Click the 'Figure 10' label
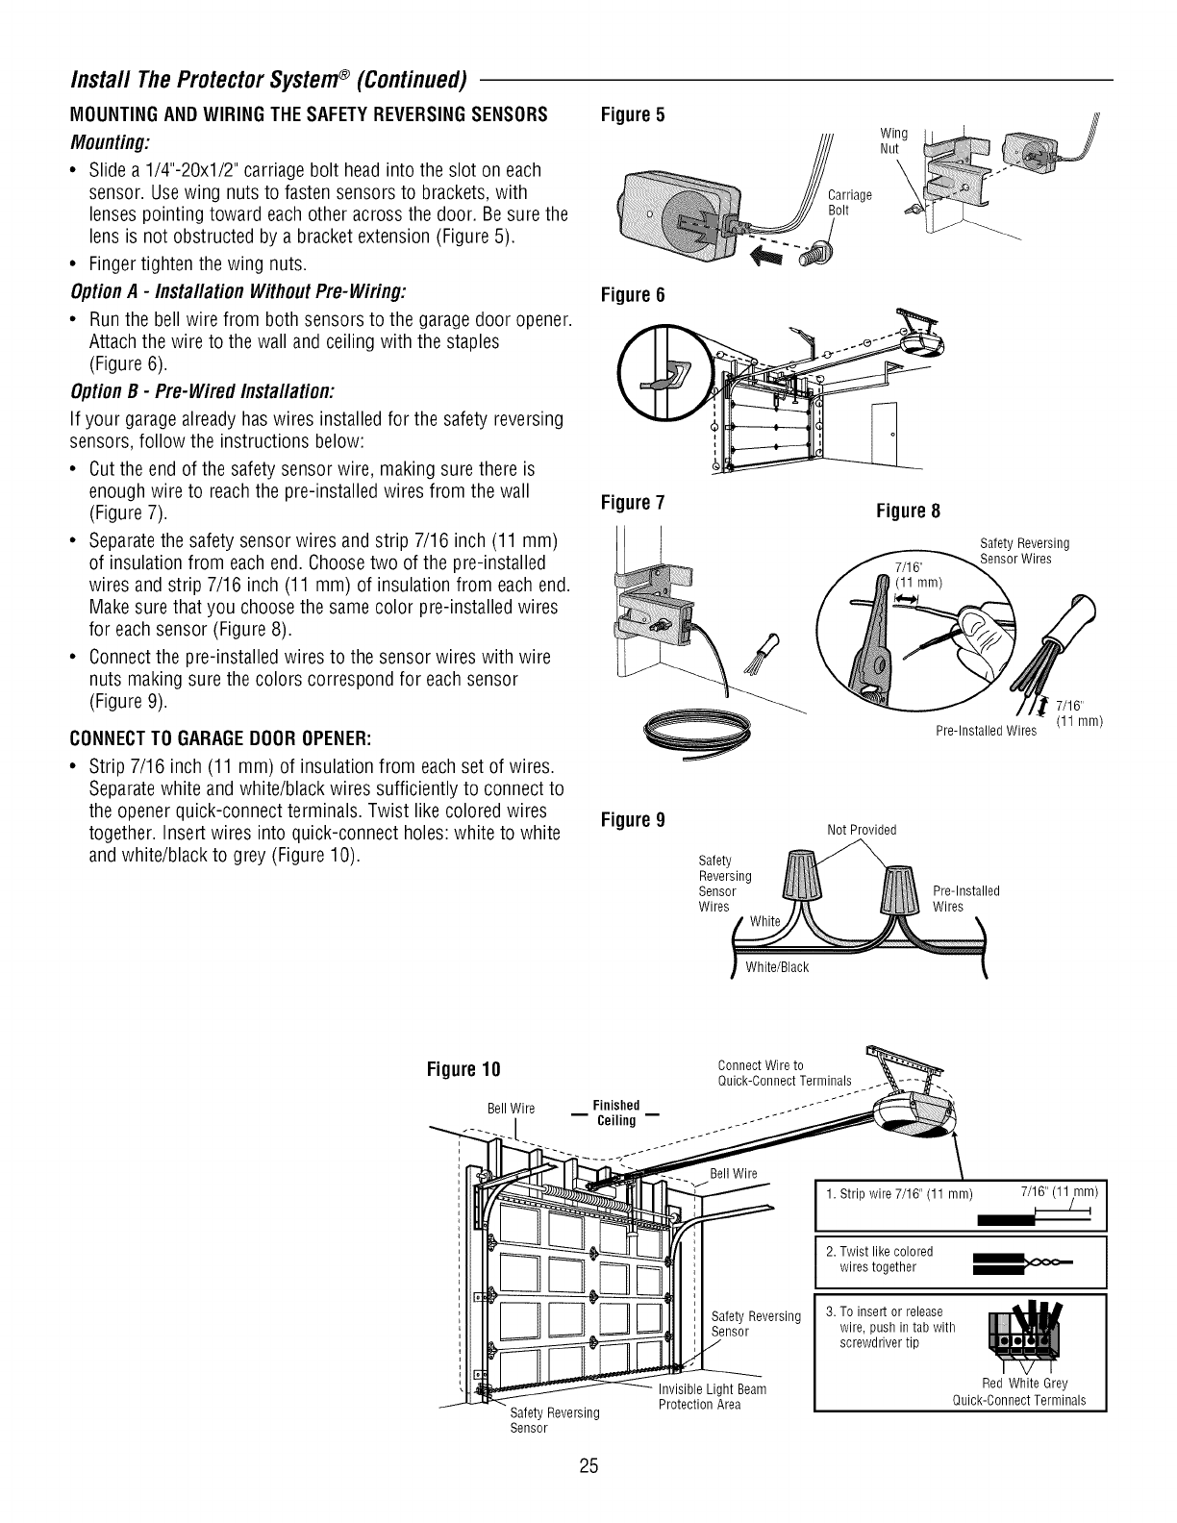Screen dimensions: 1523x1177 pyautogui.click(x=465, y=1070)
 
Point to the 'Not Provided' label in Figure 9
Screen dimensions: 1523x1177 pyautogui.click(x=862, y=830)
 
